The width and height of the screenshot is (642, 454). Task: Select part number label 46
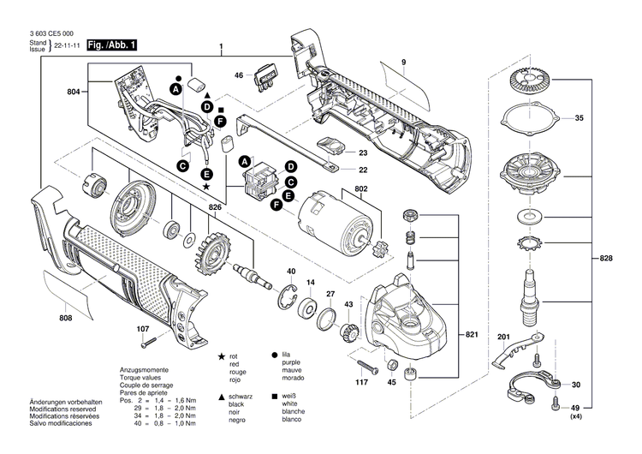[239, 75]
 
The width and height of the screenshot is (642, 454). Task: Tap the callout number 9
[402, 63]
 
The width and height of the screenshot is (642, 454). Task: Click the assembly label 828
[607, 257]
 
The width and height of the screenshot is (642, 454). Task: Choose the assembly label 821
[470, 333]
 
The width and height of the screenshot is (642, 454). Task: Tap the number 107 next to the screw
[142, 329]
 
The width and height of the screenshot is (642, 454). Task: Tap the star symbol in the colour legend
[222, 355]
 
